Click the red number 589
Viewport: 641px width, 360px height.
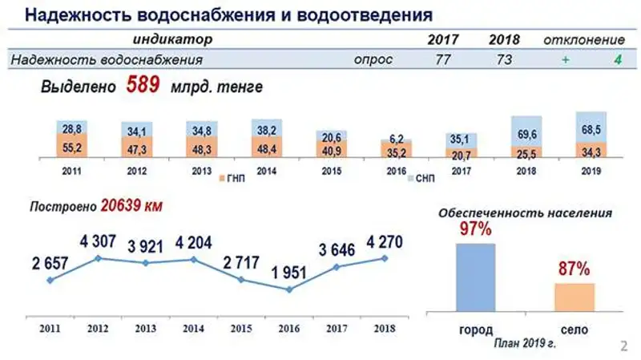143,85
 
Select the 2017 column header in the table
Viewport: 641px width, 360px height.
443,40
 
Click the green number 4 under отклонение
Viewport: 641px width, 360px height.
617,59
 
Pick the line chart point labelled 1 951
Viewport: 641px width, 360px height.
289,289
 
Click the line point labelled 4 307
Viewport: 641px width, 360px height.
98,258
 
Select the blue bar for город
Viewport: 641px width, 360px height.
476,277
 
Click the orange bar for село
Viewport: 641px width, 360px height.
574,296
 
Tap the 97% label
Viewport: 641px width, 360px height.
475,231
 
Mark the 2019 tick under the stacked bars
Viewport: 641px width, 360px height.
591,171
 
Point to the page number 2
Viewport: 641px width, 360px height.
624,346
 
